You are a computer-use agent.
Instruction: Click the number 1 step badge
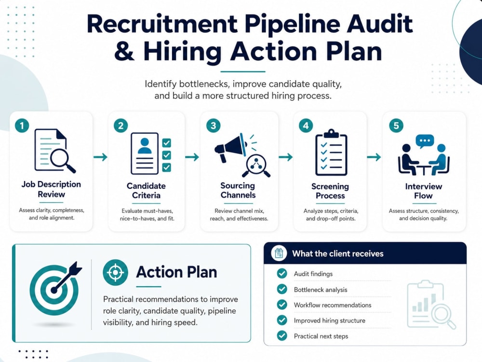[22, 125]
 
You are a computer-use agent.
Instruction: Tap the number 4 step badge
[306, 125]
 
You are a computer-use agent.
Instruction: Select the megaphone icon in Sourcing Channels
[230, 147]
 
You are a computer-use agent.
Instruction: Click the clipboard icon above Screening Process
[331, 153]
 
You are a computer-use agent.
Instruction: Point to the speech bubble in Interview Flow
[425, 141]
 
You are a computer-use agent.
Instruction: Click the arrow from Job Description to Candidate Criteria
[101, 157]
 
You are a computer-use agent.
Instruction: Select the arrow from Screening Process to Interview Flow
[374, 157]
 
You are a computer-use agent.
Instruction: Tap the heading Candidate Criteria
[146, 191]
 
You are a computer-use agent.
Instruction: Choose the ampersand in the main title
[124, 51]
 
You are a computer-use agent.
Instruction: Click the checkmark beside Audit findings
[282, 273]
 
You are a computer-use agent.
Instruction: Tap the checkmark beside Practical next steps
[282, 335]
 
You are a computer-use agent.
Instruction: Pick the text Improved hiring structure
[330, 320]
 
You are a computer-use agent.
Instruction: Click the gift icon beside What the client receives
[279, 253]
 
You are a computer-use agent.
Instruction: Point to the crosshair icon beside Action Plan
[115, 272]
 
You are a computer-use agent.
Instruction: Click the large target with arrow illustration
[55, 288]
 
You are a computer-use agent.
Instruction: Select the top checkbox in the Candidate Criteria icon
[167, 143]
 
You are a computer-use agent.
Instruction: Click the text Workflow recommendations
[333, 305]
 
